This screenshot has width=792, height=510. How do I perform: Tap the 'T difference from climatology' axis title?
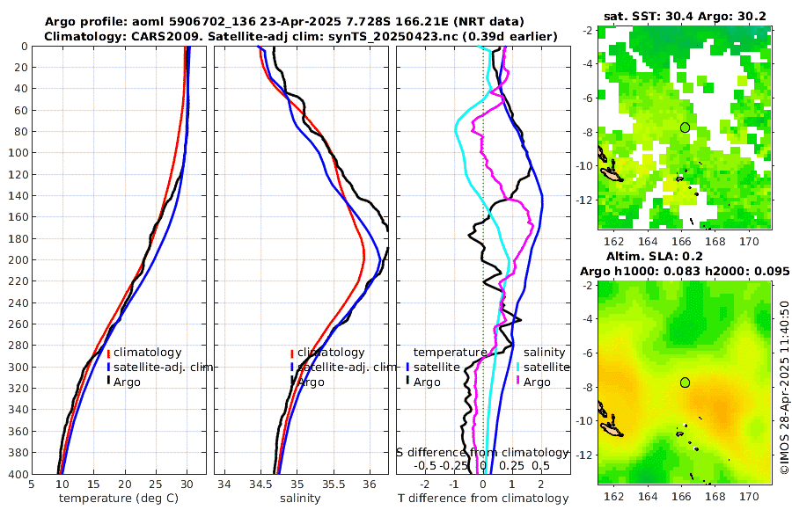point(483,498)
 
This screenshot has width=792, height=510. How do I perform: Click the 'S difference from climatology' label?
point(483,452)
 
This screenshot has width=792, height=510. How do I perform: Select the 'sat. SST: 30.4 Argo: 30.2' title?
point(684,16)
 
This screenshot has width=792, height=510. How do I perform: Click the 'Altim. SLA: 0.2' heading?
point(685,255)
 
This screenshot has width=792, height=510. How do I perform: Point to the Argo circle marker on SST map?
point(685,127)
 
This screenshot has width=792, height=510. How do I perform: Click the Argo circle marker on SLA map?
point(685,382)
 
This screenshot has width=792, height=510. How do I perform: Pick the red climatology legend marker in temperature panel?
point(108,353)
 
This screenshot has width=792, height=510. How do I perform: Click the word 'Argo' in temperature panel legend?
point(129,382)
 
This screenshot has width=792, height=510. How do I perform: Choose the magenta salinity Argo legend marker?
point(518,382)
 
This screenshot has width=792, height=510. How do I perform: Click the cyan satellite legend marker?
point(518,367)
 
